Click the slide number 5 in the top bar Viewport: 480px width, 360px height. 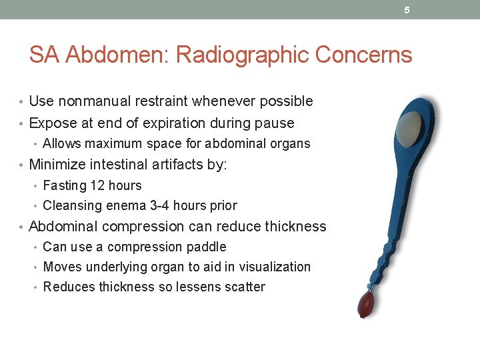pyautogui.click(x=407, y=10)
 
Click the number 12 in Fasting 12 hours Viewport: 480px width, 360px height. pyautogui.click(x=97, y=185)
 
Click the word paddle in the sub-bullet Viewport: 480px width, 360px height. pyautogui.click(x=207, y=247)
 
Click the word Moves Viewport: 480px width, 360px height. pyautogui.click(x=61, y=267)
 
